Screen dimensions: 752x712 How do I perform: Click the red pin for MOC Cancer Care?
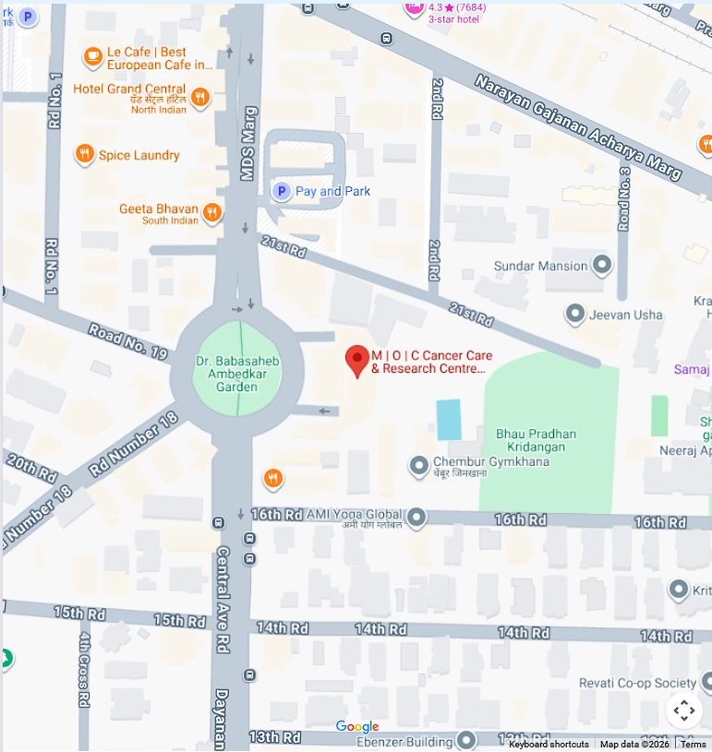click(357, 361)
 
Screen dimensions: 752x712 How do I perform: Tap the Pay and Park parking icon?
click(281, 191)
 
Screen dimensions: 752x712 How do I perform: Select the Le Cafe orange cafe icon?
click(92, 58)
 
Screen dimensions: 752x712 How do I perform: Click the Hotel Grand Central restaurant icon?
click(200, 98)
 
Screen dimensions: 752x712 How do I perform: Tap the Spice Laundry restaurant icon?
click(85, 155)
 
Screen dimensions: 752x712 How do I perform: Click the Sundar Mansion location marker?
click(602, 266)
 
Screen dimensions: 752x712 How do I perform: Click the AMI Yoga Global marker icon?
click(417, 517)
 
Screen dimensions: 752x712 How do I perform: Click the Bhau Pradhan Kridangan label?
click(536, 439)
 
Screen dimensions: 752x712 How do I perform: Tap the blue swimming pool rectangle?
click(448, 420)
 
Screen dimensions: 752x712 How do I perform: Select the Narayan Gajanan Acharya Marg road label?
click(578, 126)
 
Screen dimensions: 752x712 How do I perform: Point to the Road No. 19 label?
click(127, 341)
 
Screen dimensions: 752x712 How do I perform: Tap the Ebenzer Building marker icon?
click(466, 740)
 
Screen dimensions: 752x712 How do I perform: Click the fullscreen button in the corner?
click(683, 710)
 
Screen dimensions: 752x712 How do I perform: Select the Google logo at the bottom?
click(357, 727)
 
